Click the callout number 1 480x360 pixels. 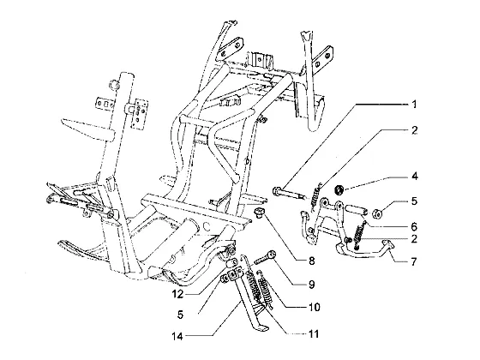[x=414, y=105]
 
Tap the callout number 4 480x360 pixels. [x=415, y=177]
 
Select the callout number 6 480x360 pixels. [x=414, y=226]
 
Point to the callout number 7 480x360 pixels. [x=414, y=261]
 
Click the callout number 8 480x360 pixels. [x=312, y=261]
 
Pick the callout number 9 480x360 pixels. [x=311, y=285]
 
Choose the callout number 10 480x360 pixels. [x=314, y=307]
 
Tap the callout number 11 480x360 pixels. [x=313, y=333]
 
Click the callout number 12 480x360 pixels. [x=177, y=295]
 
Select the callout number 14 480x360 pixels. [x=177, y=336]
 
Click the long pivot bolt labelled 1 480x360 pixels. [x=289, y=194]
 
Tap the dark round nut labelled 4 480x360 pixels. [x=339, y=189]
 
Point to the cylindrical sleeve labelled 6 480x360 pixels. [x=357, y=210]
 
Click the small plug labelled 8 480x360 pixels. [x=260, y=213]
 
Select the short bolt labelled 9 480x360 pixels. [x=264, y=257]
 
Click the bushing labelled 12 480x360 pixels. [x=231, y=262]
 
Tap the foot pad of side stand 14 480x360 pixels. [x=261, y=327]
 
